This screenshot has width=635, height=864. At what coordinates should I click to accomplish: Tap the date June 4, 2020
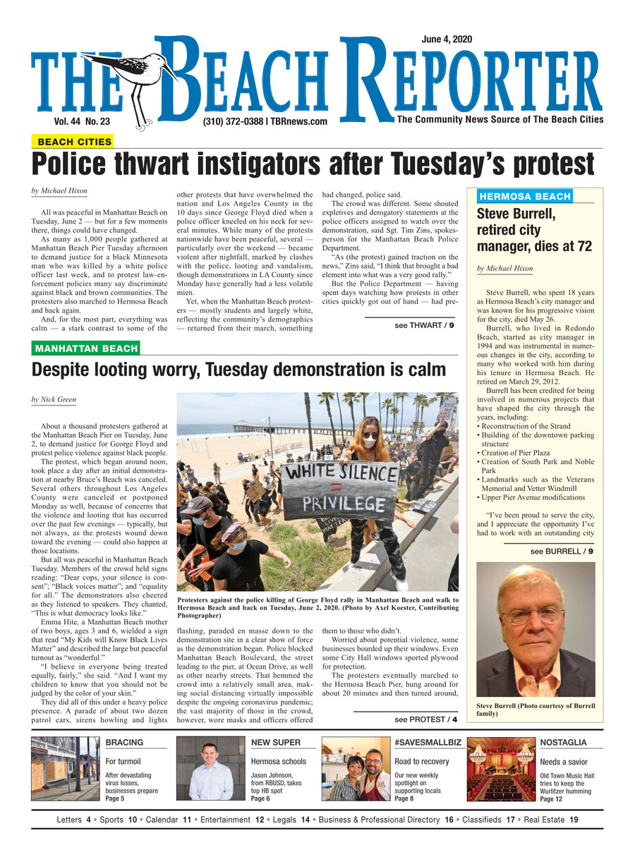447,39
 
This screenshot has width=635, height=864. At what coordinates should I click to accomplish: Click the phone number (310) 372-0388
232,121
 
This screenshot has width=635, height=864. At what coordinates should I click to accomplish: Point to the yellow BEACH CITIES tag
74,142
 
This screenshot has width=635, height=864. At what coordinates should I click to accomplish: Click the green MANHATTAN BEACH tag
86,348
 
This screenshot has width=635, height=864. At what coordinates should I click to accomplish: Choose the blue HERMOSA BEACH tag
524,196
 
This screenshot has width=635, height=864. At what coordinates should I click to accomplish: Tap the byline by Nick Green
54,400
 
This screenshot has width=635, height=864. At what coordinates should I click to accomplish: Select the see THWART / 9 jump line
424,325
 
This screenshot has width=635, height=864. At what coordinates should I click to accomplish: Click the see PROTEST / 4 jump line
426,719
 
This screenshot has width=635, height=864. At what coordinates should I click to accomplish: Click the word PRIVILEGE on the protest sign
339,504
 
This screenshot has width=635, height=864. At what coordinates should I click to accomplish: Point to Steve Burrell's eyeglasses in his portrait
533,614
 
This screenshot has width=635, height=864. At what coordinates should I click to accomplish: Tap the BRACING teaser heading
124,743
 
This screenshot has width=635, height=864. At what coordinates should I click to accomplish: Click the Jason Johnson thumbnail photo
210,769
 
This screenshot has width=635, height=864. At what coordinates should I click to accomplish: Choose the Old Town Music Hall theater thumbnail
501,769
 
